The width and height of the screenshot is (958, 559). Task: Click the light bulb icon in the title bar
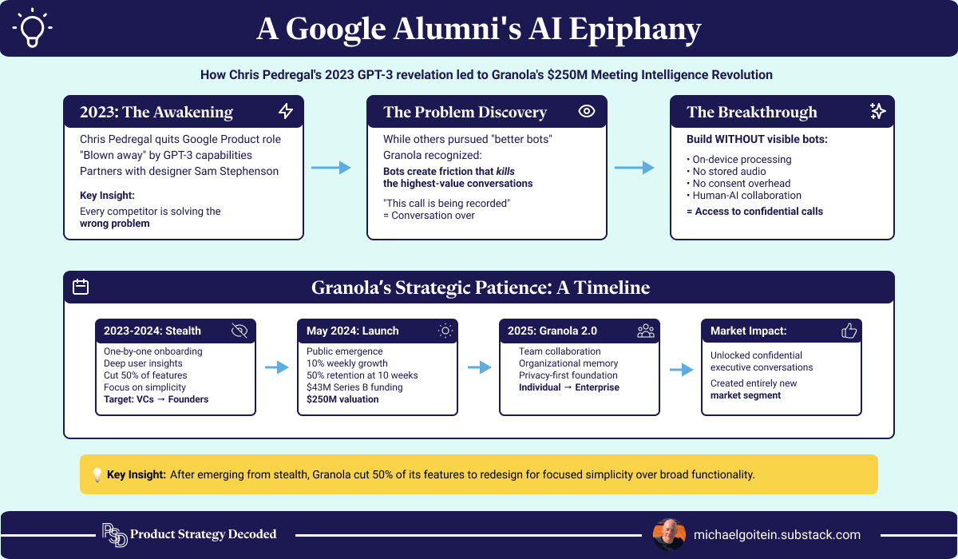[x=33, y=28]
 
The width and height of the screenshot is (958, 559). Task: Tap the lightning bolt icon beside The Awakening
[x=286, y=112]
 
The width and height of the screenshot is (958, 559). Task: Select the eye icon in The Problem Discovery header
[x=587, y=112]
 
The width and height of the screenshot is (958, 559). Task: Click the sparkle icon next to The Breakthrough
[x=877, y=112]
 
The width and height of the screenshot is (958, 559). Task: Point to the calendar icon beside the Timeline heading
[x=81, y=287]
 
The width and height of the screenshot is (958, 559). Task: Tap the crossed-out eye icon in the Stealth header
[x=239, y=331]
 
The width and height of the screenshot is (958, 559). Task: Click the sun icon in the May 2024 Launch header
[x=444, y=331]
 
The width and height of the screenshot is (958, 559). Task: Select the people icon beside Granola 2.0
[x=645, y=331]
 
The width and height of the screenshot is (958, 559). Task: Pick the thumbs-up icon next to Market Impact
[x=849, y=331]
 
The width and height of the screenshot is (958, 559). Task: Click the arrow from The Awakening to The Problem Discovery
[x=331, y=168]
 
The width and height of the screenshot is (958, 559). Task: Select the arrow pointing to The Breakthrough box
[x=635, y=168]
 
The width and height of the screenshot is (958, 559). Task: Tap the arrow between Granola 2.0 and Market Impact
[x=681, y=369]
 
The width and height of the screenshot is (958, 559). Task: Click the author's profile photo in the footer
[x=669, y=534]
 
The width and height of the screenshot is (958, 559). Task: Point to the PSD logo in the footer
[x=114, y=534]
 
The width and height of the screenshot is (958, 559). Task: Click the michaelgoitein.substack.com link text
[x=778, y=534]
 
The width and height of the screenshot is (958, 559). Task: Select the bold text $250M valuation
[x=342, y=399]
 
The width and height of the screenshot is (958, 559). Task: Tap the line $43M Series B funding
[x=354, y=387]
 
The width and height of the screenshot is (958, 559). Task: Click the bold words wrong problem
[x=114, y=224]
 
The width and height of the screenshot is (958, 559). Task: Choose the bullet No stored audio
[x=729, y=171]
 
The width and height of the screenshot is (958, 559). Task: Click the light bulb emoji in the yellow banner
[x=97, y=474]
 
